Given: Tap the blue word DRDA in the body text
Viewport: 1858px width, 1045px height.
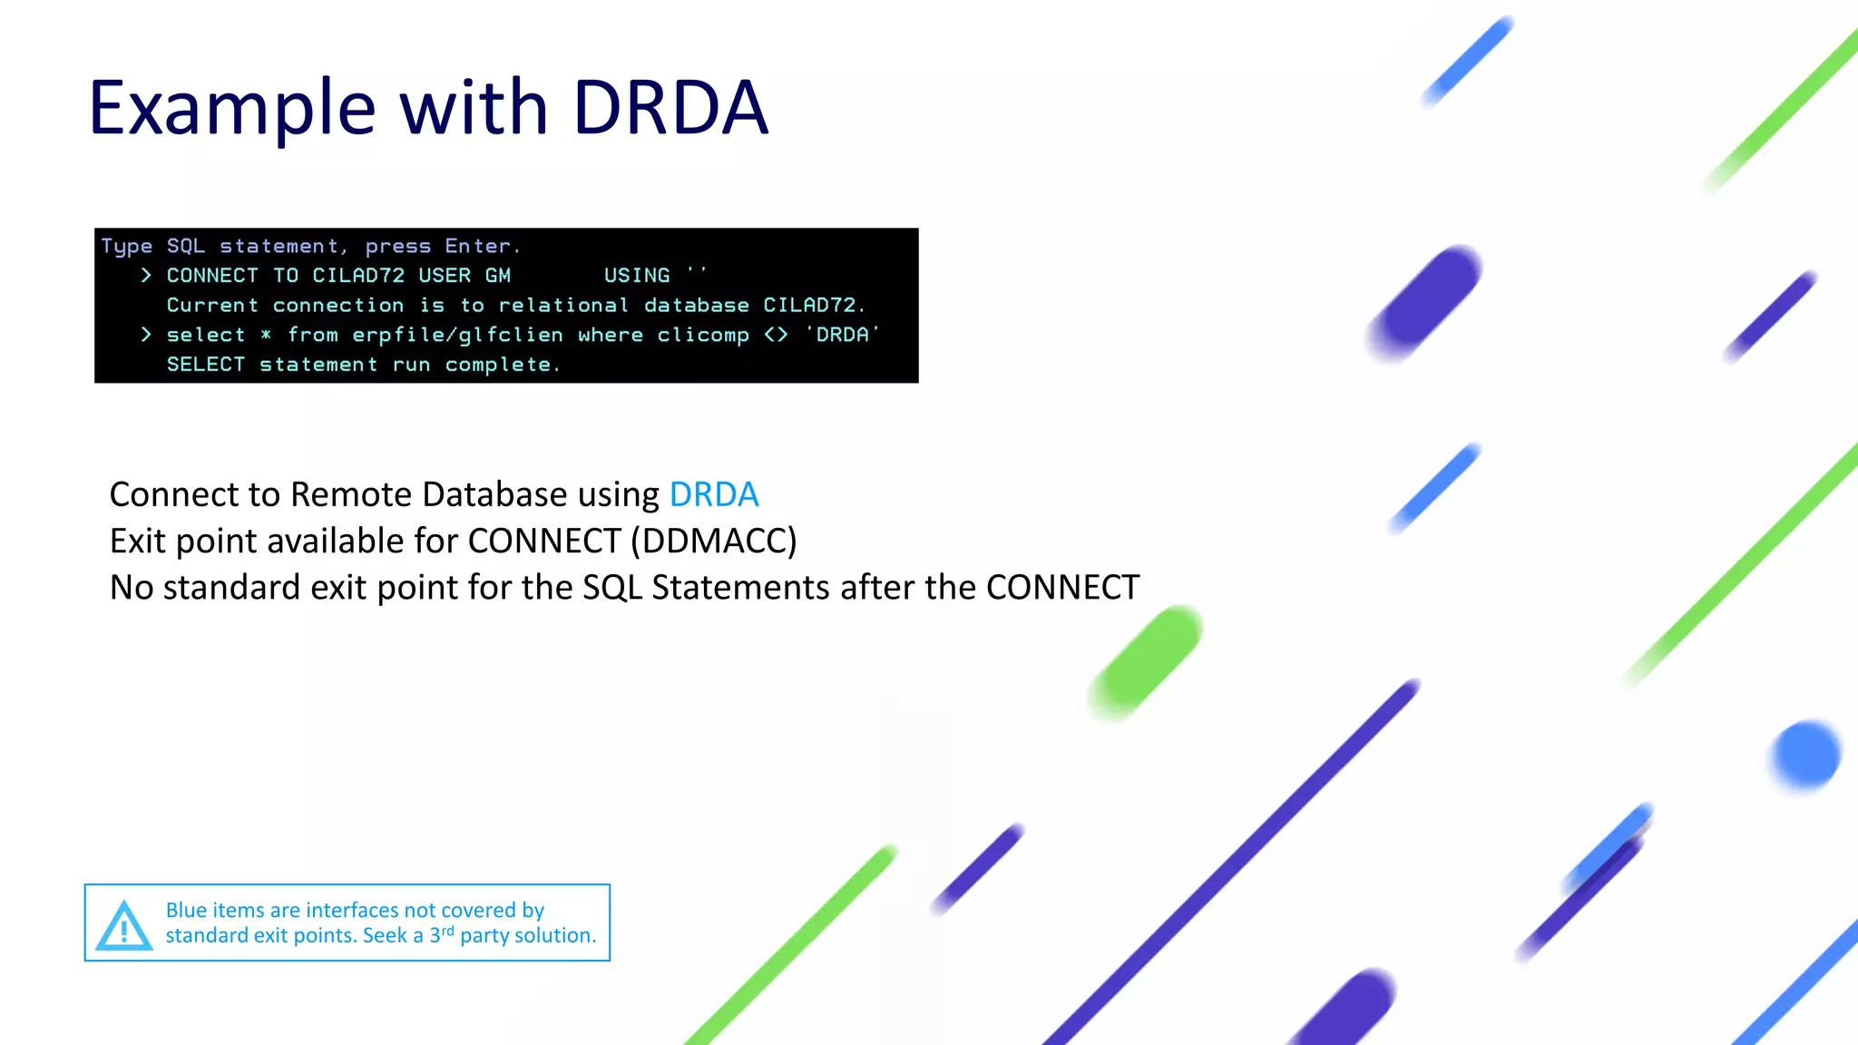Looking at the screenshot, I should point(713,494).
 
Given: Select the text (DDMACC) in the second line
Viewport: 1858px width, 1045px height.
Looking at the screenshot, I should point(714,541).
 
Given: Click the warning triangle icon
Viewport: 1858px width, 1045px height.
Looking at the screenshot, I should point(123,926).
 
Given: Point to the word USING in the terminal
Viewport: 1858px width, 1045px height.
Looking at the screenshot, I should point(637,276).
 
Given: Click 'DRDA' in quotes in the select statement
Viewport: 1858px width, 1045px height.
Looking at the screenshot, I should point(842,335).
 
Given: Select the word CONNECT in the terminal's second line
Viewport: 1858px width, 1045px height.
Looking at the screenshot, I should point(212,276).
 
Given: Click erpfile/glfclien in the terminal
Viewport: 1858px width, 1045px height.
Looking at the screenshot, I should point(457,335).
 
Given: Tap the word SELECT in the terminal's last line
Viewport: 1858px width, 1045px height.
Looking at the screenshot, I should point(206,365).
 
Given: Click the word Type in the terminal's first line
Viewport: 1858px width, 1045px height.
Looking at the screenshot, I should point(127,246).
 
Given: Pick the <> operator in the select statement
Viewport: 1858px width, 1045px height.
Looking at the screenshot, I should point(776,335).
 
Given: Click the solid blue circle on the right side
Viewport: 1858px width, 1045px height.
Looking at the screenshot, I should point(1805,754).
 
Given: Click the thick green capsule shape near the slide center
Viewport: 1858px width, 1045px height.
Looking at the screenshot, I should point(1147,662).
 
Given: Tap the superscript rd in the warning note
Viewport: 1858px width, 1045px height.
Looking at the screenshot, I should point(447,930).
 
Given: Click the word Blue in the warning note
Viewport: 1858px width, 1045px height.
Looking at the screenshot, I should point(186,910).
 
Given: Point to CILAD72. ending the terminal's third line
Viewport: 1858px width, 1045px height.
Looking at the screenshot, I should point(814,306).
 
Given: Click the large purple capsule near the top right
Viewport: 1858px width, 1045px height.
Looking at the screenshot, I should point(1424,301).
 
